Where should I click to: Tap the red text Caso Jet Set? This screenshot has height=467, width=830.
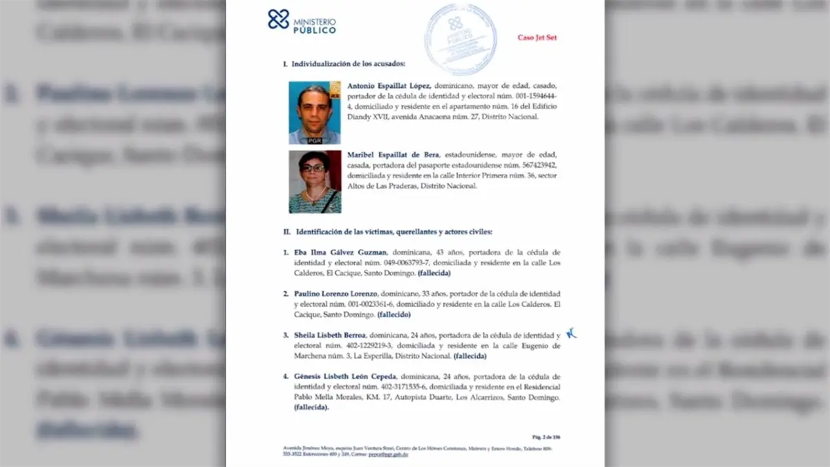(537, 37)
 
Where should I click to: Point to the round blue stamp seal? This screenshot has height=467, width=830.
(460, 38)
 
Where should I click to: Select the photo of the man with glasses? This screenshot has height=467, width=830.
(315, 113)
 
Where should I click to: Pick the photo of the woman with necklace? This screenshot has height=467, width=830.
(315, 181)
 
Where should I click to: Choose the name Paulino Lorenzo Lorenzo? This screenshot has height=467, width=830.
(335, 294)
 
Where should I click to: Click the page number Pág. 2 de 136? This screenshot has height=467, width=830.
(546, 437)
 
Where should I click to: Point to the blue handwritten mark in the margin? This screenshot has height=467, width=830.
(571, 333)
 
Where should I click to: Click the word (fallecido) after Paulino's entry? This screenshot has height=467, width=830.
(394, 315)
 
